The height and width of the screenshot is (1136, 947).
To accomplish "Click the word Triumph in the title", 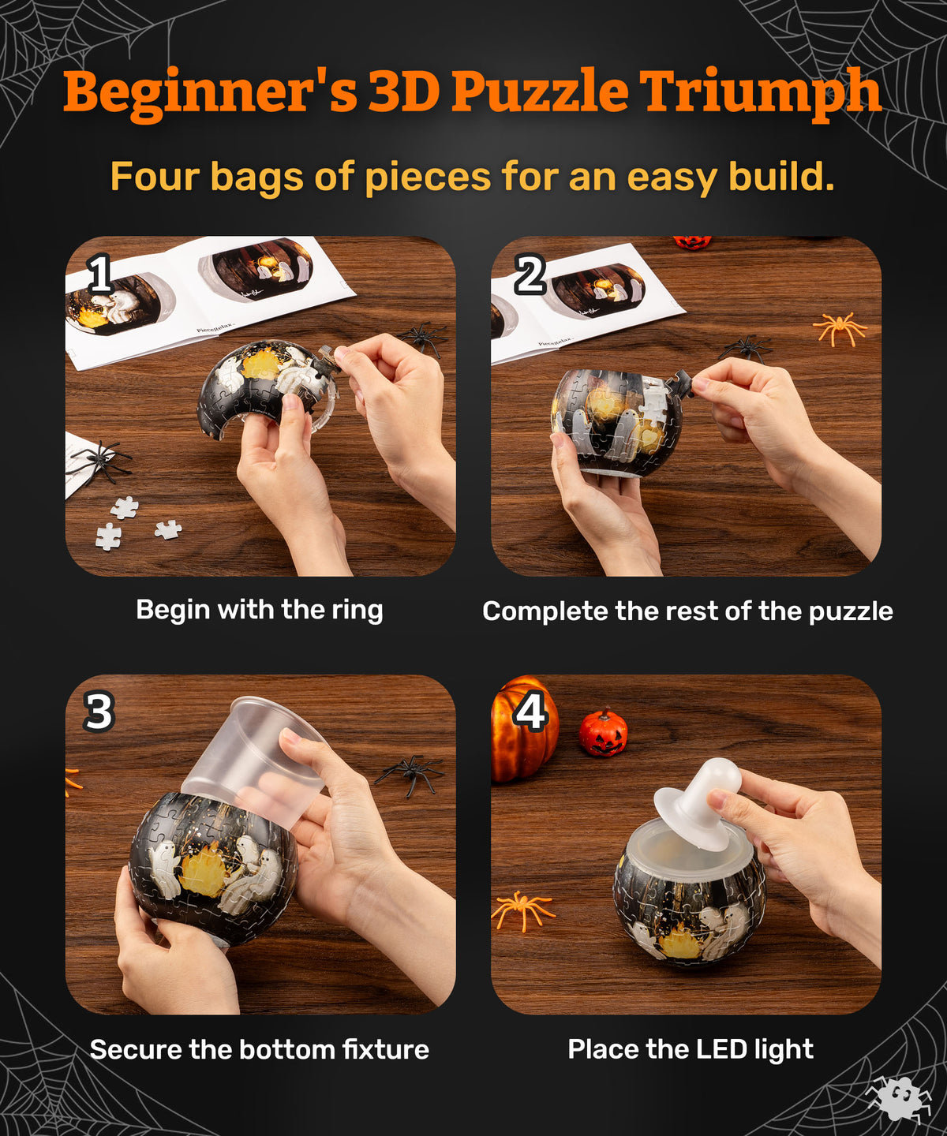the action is click(760, 92).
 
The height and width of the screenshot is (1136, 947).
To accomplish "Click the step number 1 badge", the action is click(101, 275).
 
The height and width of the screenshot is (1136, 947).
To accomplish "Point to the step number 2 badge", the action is click(530, 275).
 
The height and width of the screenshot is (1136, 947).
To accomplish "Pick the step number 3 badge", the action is click(99, 712).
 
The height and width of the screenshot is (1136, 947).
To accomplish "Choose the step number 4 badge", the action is click(530, 712).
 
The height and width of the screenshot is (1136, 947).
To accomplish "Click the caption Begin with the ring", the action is click(260, 610).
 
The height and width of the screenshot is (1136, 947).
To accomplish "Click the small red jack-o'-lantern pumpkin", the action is click(602, 733).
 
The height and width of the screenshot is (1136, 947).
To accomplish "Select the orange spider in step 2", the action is click(840, 328).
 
